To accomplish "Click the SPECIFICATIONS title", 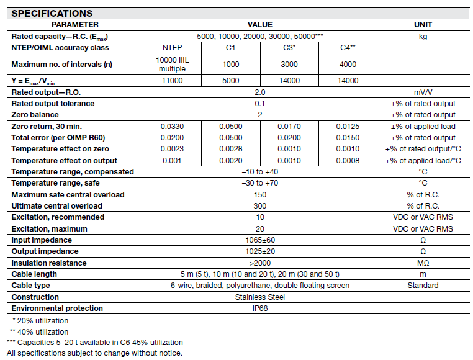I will coord(52,13).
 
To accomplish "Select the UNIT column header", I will coord(423,25).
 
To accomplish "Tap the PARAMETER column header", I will coord(74,25).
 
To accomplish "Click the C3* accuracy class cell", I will coord(289,48).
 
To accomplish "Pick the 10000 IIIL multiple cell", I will coord(172,64).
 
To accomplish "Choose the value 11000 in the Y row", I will coord(172,81).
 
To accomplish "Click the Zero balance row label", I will coord(35,115).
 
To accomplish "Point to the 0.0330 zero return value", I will coord(172,126).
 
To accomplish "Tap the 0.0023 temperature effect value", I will coord(172,149).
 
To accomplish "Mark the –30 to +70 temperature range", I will coord(259,183).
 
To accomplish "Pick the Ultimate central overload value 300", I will coord(259,206).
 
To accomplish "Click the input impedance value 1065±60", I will coord(259,240).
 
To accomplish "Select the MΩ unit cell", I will coord(423,263).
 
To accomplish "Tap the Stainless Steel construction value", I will coord(259,297).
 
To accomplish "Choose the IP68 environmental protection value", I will coord(259,308).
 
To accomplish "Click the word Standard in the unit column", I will coord(423,286).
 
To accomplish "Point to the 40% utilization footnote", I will coord(38,332).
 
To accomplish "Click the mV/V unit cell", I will coord(423,92).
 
